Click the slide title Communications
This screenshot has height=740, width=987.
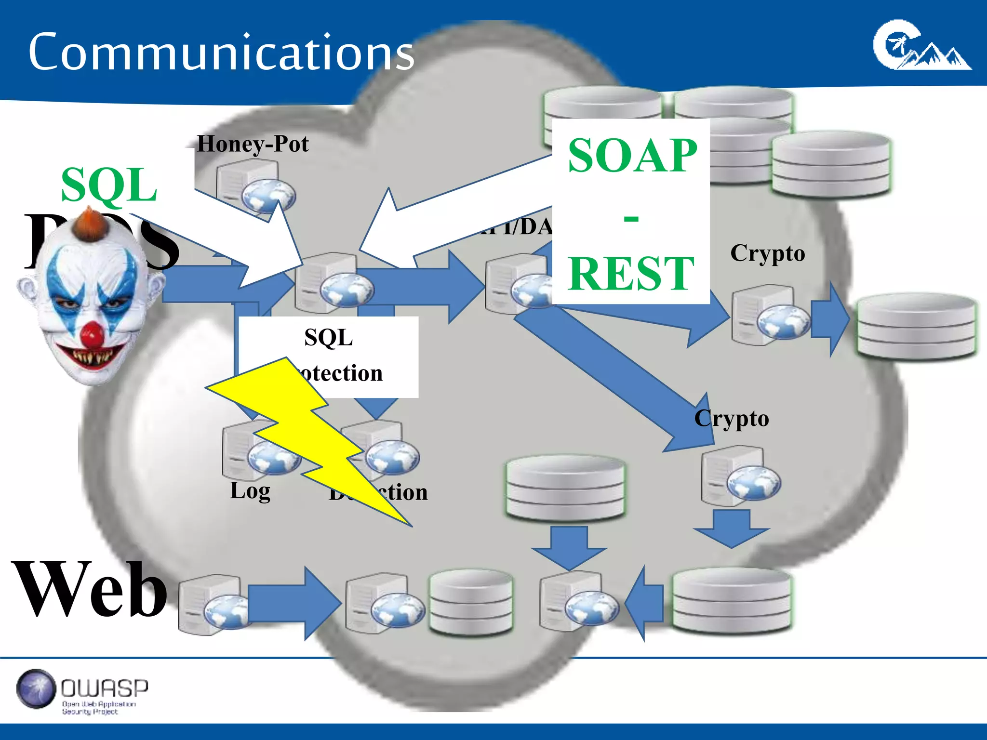point(221,52)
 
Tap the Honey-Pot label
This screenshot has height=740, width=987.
point(253,144)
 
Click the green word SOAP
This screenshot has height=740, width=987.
point(632,155)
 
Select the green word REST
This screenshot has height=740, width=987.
point(631,273)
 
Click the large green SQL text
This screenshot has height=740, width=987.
point(109,185)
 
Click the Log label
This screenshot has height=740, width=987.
point(250,490)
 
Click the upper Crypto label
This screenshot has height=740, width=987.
point(767,253)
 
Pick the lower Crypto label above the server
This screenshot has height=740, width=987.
point(731,418)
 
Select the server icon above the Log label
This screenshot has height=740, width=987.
point(255,450)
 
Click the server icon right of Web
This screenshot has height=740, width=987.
point(212,605)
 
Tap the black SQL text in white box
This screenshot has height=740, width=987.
point(328,337)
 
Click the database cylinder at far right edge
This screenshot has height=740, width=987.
point(916,326)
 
